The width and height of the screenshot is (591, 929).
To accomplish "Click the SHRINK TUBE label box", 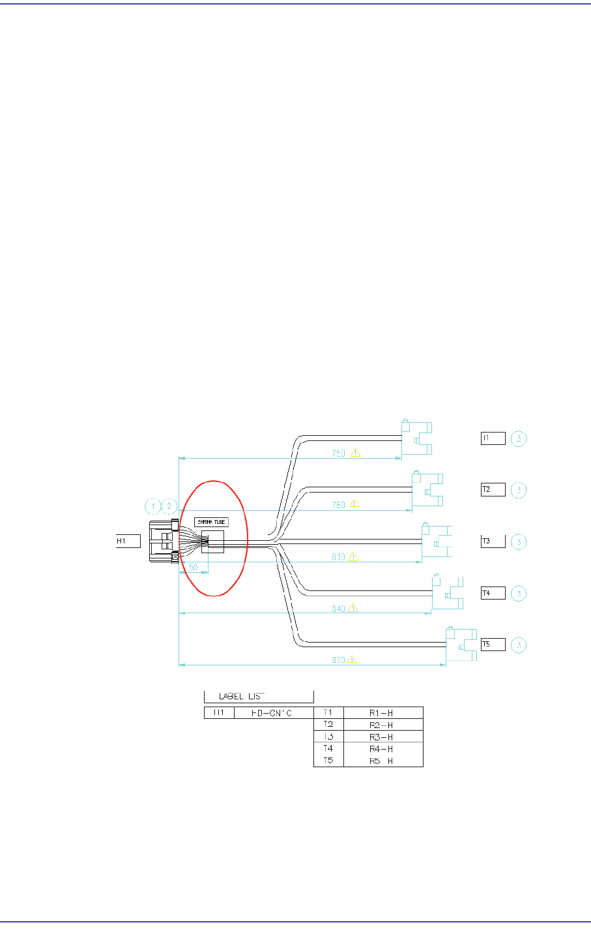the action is pyautogui.click(x=212, y=522).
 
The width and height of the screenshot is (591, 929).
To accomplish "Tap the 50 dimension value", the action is pyautogui.click(x=194, y=567).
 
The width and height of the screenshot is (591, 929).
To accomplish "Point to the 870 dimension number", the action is pyautogui.click(x=338, y=660).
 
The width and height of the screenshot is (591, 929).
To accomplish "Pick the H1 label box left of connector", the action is pyautogui.click(x=128, y=541).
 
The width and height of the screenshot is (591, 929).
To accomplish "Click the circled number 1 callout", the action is pyautogui.click(x=152, y=506).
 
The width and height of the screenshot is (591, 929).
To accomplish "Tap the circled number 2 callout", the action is pyautogui.click(x=169, y=506).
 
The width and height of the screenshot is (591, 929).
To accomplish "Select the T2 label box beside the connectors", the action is pyautogui.click(x=493, y=489).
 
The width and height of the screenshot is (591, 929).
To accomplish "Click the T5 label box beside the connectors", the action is pyautogui.click(x=493, y=645).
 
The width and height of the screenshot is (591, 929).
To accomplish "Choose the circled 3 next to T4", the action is pyautogui.click(x=519, y=593).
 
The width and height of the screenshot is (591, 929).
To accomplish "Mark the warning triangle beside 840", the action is pyautogui.click(x=353, y=607).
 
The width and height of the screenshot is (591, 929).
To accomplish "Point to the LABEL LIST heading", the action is pyautogui.click(x=242, y=696).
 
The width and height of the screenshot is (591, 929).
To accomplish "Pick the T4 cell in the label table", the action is pyautogui.click(x=328, y=749).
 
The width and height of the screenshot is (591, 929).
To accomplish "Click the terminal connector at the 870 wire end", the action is pyautogui.click(x=460, y=645).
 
